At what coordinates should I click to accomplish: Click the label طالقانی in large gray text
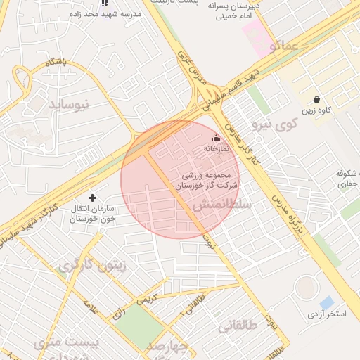237,326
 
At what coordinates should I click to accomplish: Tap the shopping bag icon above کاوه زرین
317,99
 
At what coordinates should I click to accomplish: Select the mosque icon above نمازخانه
216,139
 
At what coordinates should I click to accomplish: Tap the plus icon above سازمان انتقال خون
92,198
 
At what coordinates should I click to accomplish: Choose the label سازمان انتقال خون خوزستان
92,214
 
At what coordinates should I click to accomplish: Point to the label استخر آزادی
326,314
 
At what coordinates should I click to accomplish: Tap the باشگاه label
56,63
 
